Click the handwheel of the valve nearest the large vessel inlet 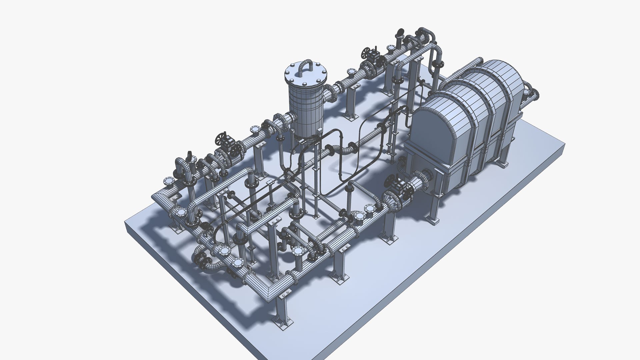(x=390, y=181)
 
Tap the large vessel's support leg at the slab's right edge (x=503, y=157)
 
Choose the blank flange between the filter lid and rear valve (x=351, y=72)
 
